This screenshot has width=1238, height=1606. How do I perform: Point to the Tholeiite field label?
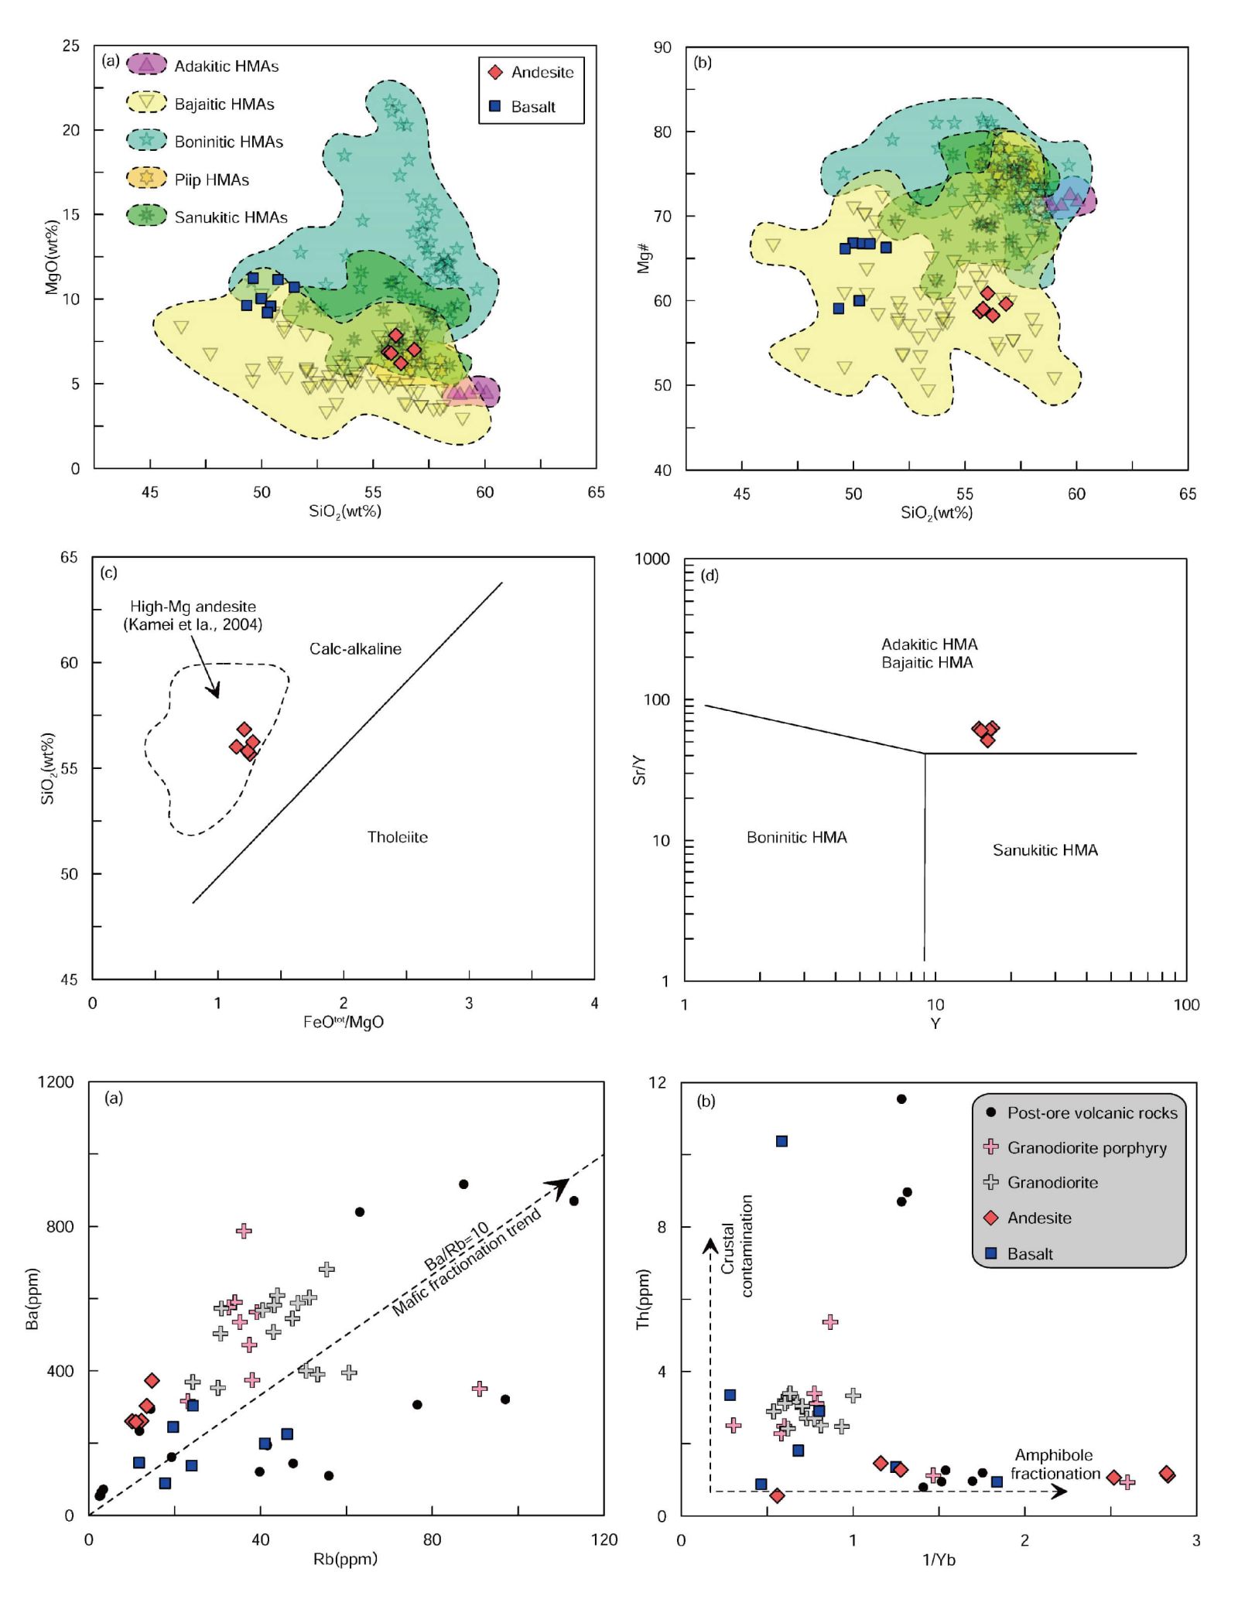point(397,837)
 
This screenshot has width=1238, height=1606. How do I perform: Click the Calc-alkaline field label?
point(355,649)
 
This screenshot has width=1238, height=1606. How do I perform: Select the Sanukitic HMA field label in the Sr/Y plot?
point(1045,850)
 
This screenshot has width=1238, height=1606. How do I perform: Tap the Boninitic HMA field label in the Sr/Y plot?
point(796,837)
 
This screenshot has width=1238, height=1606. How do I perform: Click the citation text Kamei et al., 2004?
point(193,624)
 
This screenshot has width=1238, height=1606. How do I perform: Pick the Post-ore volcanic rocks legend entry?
point(1091,1112)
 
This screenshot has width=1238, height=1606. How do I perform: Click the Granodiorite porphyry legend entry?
point(1086,1148)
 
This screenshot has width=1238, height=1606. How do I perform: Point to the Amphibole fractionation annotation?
point(1055,1464)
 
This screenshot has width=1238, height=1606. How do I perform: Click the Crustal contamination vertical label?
point(736,1246)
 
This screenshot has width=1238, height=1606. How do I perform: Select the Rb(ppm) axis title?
point(345,1559)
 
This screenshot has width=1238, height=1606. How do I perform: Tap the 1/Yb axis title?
point(939,1560)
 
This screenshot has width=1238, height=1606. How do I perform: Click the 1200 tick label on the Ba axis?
point(56,1081)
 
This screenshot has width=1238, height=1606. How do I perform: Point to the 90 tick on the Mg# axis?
point(662,48)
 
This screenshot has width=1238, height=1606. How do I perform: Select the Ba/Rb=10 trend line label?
point(456,1246)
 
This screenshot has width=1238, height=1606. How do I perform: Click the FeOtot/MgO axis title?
point(343,1022)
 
